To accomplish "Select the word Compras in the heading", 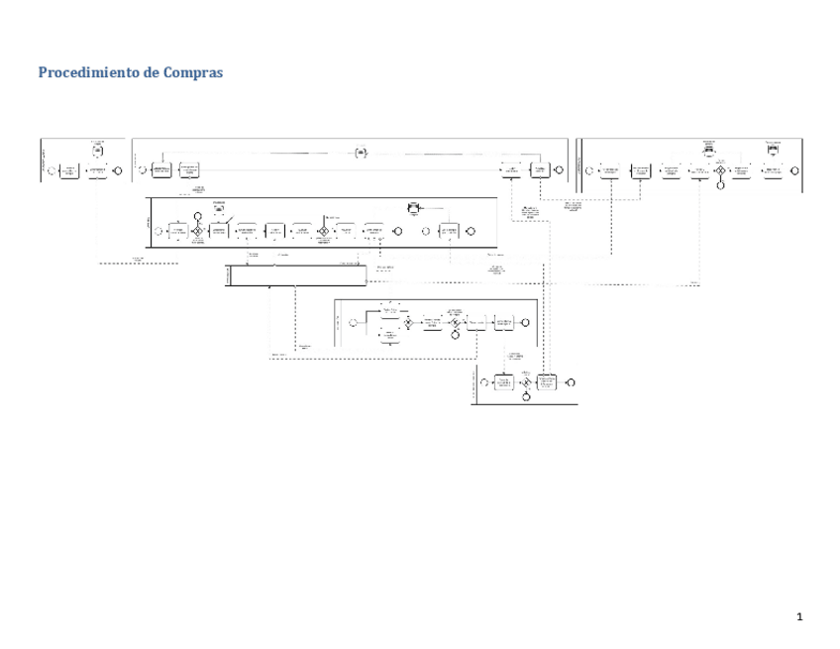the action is click(x=192, y=73).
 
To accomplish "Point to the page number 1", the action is click(x=798, y=618).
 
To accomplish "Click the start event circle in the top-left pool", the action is click(x=52, y=170).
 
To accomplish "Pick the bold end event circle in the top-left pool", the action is click(x=118, y=170).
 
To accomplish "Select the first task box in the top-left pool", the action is click(x=68, y=170).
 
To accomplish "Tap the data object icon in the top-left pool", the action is click(x=97, y=151).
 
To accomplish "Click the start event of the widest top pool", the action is click(x=141, y=169).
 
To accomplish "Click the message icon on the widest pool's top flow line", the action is click(x=362, y=152).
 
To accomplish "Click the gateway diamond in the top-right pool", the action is click(x=720, y=169).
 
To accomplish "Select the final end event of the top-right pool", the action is click(x=795, y=169).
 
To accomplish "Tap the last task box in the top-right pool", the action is click(x=772, y=169).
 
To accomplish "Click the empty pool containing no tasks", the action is click(x=295, y=275).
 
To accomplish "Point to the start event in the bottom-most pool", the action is click(x=483, y=382).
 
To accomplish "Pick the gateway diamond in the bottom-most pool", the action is click(x=526, y=382).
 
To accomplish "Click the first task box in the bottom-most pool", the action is click(x=504, y=382).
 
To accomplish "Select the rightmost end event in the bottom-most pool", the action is click(x=571, y=382).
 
